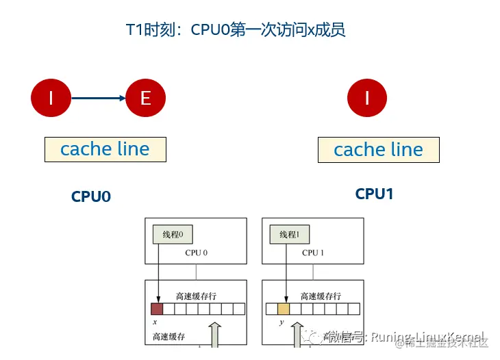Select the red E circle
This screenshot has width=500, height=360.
click(x=145, y=98)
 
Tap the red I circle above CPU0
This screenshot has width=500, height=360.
click(x=51, y=98)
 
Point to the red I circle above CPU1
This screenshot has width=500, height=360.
click(x=367, y=98)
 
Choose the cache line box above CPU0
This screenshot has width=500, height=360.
click(x=105, y=149)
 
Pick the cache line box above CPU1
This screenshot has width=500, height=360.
click(x=378, y=149)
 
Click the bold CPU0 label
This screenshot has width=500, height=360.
click(x=91, y=196)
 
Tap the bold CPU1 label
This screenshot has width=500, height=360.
click(x=374, y=194)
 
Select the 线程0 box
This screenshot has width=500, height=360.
click(x=173, y=235)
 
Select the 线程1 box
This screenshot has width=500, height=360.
click(x=289, y=235)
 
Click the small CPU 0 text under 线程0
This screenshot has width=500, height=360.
click(x=196, y=253)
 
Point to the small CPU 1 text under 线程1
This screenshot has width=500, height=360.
click(x=312, y=253)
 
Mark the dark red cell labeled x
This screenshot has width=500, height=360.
click(x=157, y=309)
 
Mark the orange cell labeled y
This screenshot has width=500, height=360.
click(x=284, y=309)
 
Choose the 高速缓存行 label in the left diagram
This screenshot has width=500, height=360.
click(x=196, y=296)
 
